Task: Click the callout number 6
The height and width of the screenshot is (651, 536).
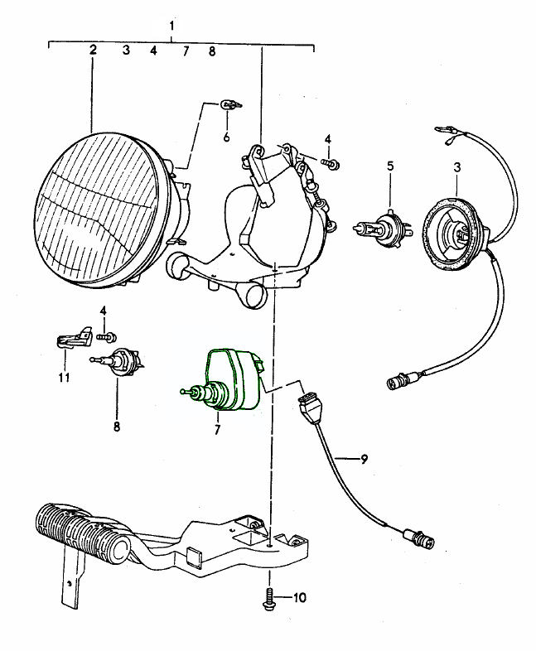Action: coord(226,137)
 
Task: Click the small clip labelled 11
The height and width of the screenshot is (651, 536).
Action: coord(72,337)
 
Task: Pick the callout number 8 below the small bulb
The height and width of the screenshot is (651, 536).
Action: coord(116,427)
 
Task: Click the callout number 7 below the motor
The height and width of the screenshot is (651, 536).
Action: coord(217,431)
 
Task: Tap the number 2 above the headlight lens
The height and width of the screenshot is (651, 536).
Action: coord(93,50)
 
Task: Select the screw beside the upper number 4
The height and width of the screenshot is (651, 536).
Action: coord(331,166)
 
